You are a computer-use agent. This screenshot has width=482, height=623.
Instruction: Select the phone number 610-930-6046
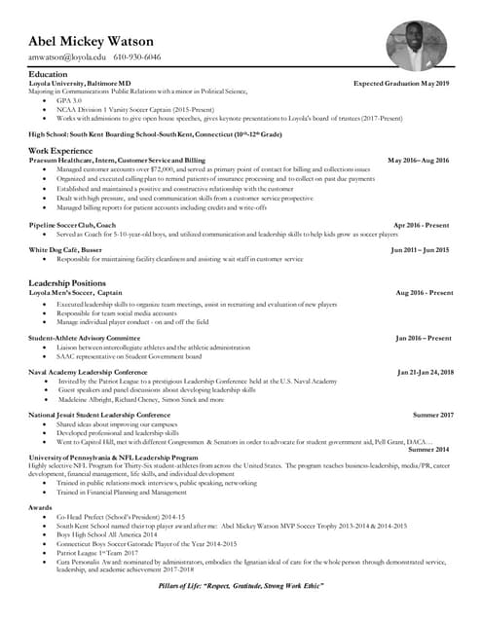coord(136,57)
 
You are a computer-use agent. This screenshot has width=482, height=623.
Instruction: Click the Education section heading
coord(48,75)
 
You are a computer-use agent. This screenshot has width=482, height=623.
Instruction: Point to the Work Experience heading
coord(59,151)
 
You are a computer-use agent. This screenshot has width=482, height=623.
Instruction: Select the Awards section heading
coord(41,507)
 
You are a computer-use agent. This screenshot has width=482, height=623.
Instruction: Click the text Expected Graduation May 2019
coord(401,85)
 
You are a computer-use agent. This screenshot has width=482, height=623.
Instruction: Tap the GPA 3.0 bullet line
coord(70,100)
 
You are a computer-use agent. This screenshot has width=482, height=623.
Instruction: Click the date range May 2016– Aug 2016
coord(418,161)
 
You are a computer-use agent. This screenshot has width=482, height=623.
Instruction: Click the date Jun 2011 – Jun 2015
coord(420,250)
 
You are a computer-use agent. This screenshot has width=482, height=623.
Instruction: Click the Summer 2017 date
coord(432,416)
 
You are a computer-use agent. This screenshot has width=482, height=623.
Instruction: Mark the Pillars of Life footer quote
coord(241,588)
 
